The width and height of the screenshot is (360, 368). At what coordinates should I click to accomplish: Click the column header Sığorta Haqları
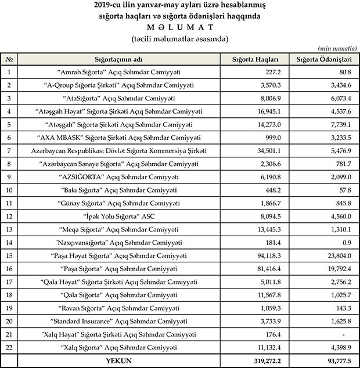point(256,60)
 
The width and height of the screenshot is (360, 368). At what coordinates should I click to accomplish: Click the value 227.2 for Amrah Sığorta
point(273,72)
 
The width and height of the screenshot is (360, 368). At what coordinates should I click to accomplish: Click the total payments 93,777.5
point(339,361)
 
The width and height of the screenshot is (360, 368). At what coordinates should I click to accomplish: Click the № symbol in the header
point(9,60)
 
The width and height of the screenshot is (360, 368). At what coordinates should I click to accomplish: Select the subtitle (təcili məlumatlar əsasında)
point(179,39)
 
